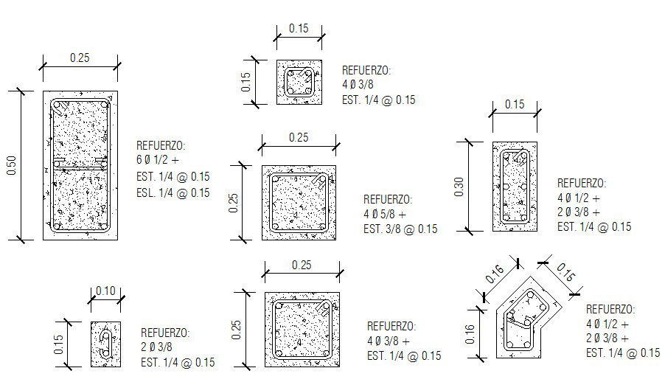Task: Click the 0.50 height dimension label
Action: tap(12, 165)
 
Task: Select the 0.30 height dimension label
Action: tap(459, 187)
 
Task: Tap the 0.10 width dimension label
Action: tap(105, 291)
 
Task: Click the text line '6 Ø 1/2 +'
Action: tap(158, 160)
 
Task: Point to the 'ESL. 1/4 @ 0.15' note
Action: tap(173, 192)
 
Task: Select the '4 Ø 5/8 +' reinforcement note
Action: tap(385, 214)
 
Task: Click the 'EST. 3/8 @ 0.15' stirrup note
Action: tap(400, 229)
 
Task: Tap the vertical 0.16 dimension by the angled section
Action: tap(470, 335)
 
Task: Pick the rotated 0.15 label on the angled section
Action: tap(565, 272)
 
